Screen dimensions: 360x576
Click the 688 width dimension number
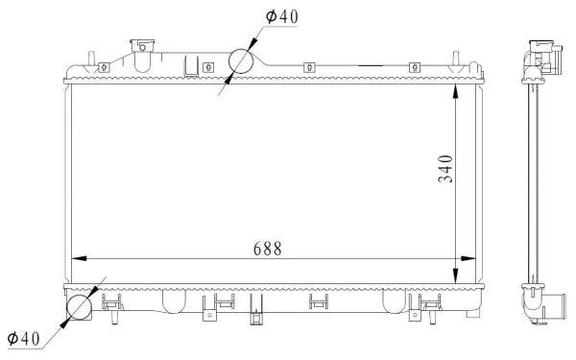[x=267, y=248]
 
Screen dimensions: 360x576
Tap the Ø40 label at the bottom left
[x=23, y=339]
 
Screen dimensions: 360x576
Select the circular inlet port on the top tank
[x=241, y=60]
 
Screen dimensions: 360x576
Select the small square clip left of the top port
[x=207, y=67]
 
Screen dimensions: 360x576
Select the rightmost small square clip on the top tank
[x=415, y=67]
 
